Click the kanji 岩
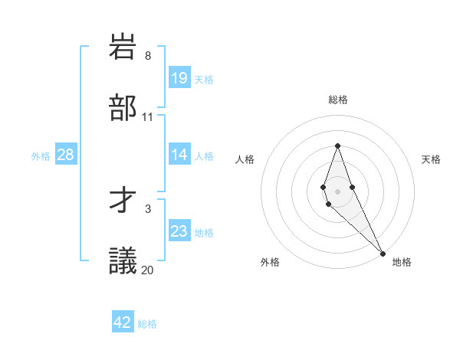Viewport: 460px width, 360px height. coord(123,47)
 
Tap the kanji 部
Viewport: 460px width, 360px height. coord(123,108)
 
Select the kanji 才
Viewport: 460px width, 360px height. coord(123,201)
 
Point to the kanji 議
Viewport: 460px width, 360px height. coord(123,261)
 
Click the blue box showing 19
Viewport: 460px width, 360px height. coord(179,78)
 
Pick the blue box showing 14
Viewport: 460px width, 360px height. coord(179,155)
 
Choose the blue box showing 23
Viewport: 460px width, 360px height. coord(179,231)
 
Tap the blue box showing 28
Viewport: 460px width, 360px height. coord(65,155)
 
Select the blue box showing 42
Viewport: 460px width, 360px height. coord(123,322)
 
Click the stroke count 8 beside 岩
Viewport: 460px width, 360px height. coord(148,56)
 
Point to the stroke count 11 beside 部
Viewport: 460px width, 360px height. coord(148,117)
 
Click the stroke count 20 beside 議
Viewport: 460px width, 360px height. coord(148,270)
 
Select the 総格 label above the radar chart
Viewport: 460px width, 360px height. coord(338,100)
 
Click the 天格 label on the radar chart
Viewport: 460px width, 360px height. coord(432,159)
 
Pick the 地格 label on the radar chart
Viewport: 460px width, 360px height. coord(402,262)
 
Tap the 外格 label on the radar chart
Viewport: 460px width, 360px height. coord(270,262)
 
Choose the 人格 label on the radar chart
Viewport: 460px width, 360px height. coord(245,159)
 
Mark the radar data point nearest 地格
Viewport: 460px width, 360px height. coord(382,253)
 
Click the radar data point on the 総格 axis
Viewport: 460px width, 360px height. coord(337,146)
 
